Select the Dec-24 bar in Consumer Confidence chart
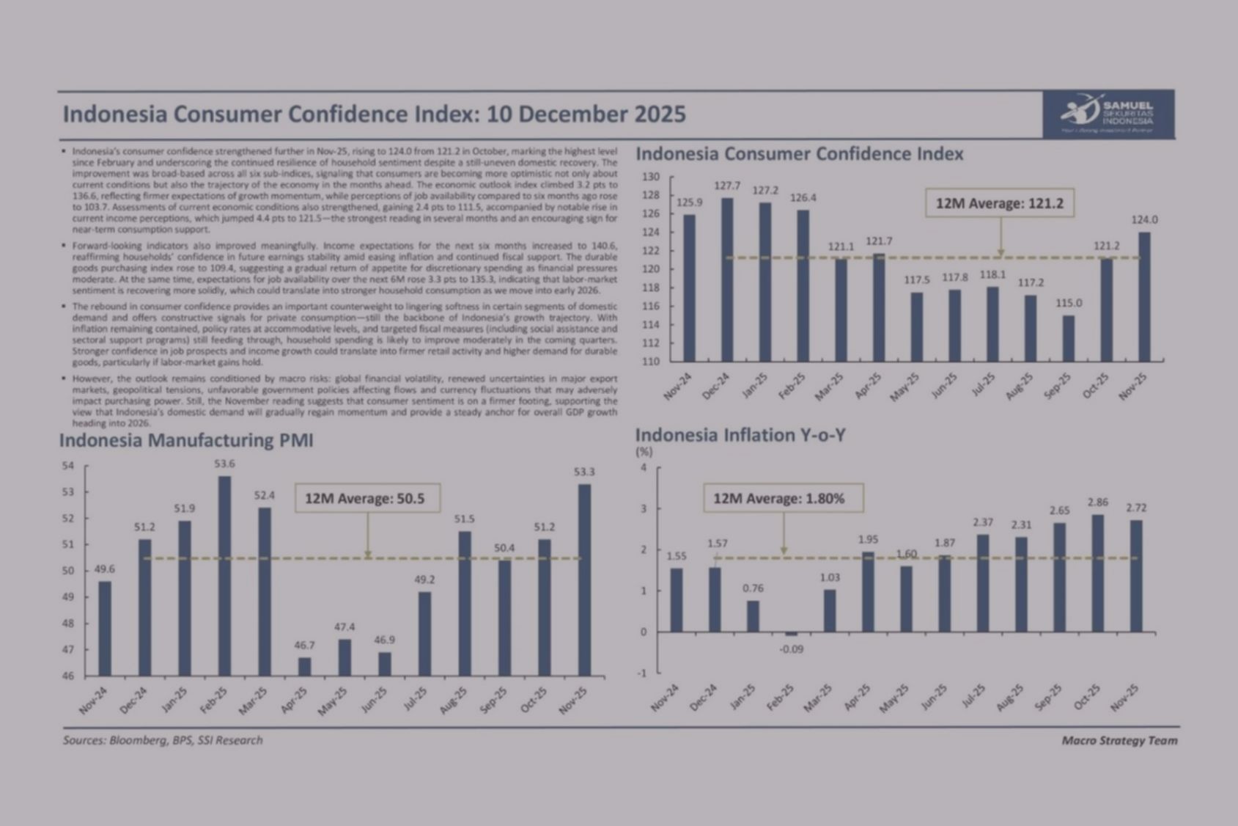click(x=727, y=279)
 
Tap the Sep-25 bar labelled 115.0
click(x=1069, y=338)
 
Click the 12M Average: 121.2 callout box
click(x=999, y=203)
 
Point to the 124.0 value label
click(x=1144, y=219)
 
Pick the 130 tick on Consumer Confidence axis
click(x=651, y=177)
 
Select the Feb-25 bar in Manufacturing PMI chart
click(x=225, y=576)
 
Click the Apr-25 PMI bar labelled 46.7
click(x=304, y=666)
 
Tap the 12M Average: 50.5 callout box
click(x=368, y=498)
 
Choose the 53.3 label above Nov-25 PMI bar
click(x=584, y=472)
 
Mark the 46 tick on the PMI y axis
click(x=68, y=676)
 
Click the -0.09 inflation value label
click(x=792, y=648)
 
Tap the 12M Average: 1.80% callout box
click(x=783, y=498)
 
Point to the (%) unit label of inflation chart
click(x=644, y=452)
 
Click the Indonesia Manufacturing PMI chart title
click(x=186, y=440)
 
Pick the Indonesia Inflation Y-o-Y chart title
click(x=740, y=435)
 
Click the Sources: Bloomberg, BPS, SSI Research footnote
click(x=163, y=740)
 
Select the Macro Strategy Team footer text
click(x=1119, y=740)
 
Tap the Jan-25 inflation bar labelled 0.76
click(x=753, y=616)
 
